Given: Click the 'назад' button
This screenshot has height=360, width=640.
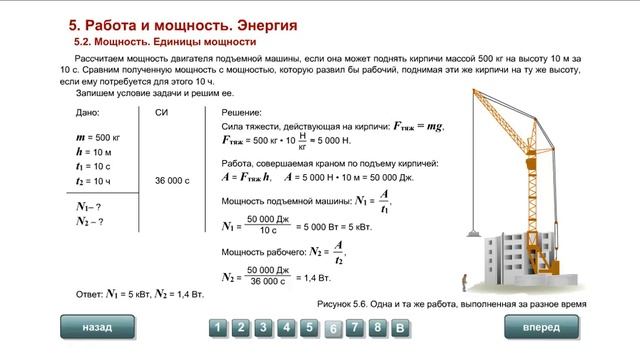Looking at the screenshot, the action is click(98, 327).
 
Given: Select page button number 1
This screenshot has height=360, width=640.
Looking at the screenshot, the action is click(216, 327).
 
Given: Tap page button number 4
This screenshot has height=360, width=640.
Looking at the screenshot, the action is click(286, 327).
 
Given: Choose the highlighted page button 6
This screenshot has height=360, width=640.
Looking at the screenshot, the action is click(333, 328).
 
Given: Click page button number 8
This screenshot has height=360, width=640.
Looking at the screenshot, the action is click(377, 327).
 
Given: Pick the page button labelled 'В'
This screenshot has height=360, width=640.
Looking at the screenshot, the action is click(399, 327).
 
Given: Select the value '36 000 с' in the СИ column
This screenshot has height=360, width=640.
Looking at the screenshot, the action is click(172, 181).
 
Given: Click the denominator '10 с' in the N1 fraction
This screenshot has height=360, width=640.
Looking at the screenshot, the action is click(267, 229).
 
